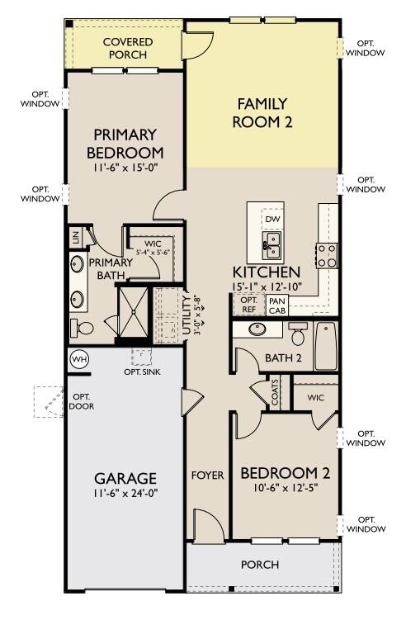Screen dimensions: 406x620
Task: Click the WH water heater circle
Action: pyautogui.click(x=79, y=359)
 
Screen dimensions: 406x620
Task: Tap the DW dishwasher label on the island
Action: pyautogui.click(x=272, y=219)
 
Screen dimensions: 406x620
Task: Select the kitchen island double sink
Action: pyautogui.click(x=271, y=246)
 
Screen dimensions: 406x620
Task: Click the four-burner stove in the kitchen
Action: pyautogui.click(x=327, y=256)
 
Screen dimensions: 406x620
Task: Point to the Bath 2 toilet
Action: pyautogui.click(x=298, y=334)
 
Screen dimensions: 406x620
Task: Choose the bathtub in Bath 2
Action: pyautogui.click(x=326, y=347)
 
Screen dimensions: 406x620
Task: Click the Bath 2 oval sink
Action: pyautogui.click(x=257, y=329)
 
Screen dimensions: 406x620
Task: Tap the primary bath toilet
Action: pyautogui.click(x=82, y=328)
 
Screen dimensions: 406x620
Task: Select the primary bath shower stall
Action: pyautogui.click(x=133, y=312)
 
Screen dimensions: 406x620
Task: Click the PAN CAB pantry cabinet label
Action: pyautogui.click(x=277, y=306)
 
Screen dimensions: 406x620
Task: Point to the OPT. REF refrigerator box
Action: pyautogui.click(x=248, y=305)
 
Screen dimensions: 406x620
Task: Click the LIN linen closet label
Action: pyautogui.click(x=75, y=237)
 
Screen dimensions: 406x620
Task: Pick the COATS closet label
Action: pyautogui.click(x=275, y=392)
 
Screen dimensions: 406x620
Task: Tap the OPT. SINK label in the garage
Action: pyautogui.click(x=142, y=372)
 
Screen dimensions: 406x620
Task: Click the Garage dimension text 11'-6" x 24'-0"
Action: pyautogui.click(x=125, y=494)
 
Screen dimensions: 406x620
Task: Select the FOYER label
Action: pyautogui.click(x=208, y=476)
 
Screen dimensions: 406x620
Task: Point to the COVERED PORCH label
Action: pyautogui.click(x=128, y=48)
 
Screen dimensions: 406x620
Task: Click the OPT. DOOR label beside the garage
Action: pyautogui.click(x=82, y=401)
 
